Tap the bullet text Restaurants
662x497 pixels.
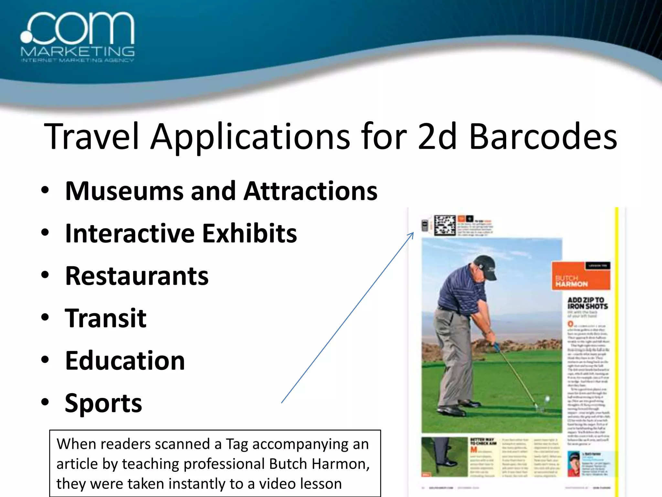click(x=137, y=276)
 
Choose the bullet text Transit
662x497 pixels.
click(x=106, y=318)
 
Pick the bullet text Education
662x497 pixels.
click(x=125, y=361)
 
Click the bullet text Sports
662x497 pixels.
click(x=103, y=403)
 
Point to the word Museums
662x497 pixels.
click(x=124, y=191)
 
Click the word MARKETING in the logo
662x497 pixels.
click(x=78, y=51)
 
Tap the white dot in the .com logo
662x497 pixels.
click(x=27, y=36)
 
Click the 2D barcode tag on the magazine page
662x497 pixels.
click(x=444, y=225)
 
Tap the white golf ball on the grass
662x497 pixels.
click(x=547, y=399)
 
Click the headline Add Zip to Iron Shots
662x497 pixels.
click(x=587, y=303)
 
